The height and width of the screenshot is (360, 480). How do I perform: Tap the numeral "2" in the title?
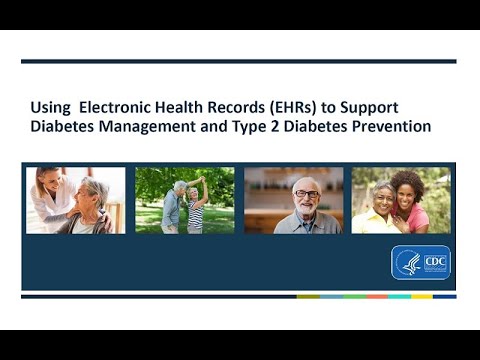click(x=285, y=127)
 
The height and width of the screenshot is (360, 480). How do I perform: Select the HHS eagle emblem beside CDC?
click(x=409, y=262)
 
